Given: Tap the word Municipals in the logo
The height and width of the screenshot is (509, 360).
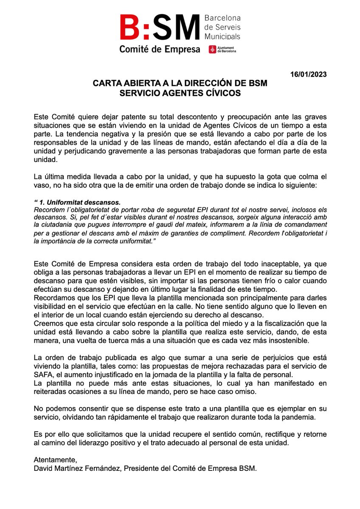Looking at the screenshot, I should click(x=222, y=37).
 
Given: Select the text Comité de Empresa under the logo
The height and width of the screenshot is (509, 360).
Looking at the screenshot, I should click(x=160, y=50).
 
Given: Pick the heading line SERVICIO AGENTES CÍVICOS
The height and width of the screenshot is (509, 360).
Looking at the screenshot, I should click(x=180, y=93).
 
